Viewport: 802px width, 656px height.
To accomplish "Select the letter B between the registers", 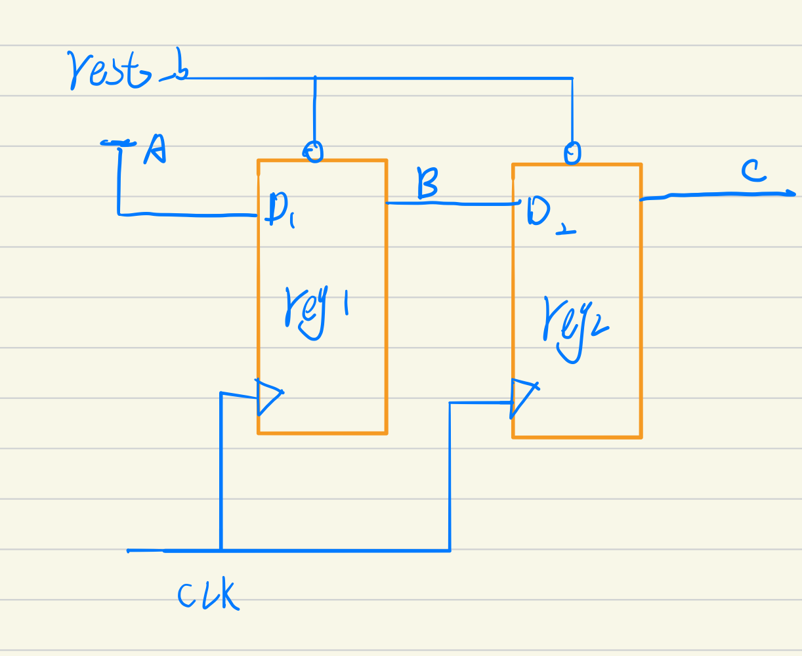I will [427, 183].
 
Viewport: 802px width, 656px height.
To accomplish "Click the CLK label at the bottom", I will [207, 596].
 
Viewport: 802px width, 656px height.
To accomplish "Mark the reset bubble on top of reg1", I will [315, 152].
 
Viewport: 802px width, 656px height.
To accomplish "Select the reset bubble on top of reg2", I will [572, 154].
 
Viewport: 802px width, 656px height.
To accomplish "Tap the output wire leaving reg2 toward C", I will [715, 195].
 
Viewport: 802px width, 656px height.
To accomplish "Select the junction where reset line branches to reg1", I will [315, 79].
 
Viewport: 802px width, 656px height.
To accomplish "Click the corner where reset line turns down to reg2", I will [572, 79].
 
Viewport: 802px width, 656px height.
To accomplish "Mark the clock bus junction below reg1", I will [221, 550].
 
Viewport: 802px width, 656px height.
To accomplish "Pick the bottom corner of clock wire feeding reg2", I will [450, 550].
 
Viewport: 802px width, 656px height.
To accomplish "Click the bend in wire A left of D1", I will [119, 213].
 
